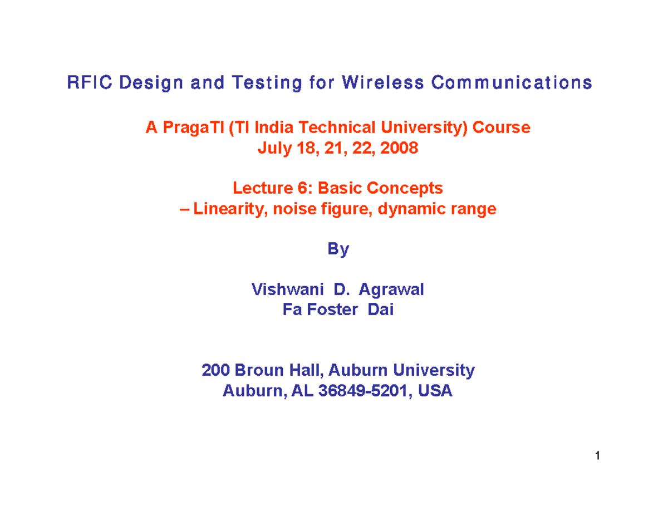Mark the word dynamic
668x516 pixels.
(x=425, y=209)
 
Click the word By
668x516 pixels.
(x=338, y=250)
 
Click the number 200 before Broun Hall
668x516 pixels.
(x=215, y=371)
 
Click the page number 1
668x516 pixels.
(x=597, y=457)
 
